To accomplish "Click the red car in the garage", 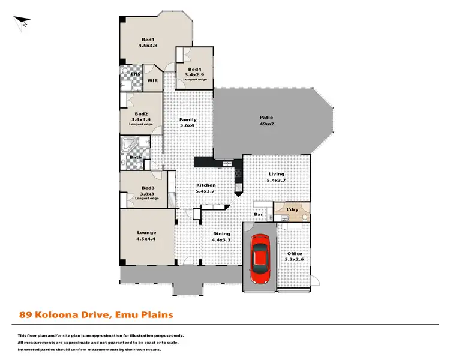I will coord(260,258).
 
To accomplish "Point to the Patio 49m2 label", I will coord(266,121).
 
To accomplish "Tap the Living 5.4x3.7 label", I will coord(276,178).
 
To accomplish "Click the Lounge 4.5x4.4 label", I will coord(146,236).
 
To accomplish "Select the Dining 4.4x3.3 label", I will coord(221,236).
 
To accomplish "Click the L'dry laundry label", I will coord(292,209).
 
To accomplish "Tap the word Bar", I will coord(259,214).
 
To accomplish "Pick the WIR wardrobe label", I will coord(153,80).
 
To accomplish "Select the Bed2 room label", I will coord(141,117).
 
